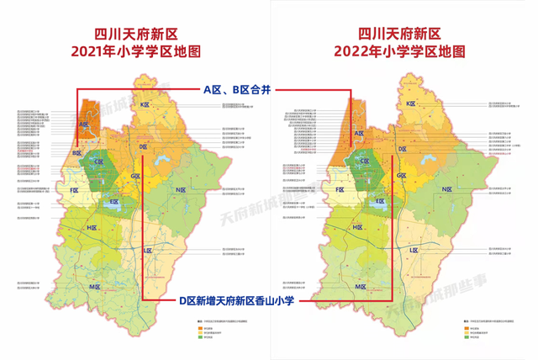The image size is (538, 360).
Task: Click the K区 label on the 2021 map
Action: click(145, 104)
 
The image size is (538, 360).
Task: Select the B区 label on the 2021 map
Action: click(76, 153)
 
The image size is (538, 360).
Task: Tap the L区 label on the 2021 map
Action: click(147, 251)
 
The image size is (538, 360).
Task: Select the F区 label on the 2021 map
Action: click(75, 191)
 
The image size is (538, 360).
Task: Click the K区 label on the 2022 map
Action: click(410, 103)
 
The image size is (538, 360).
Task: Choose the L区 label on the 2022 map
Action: click(413, 251)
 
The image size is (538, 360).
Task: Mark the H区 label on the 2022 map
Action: click(358, 228)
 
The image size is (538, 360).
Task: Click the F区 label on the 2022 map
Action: click(340, 191)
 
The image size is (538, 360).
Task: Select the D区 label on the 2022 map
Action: click(409, 147)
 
